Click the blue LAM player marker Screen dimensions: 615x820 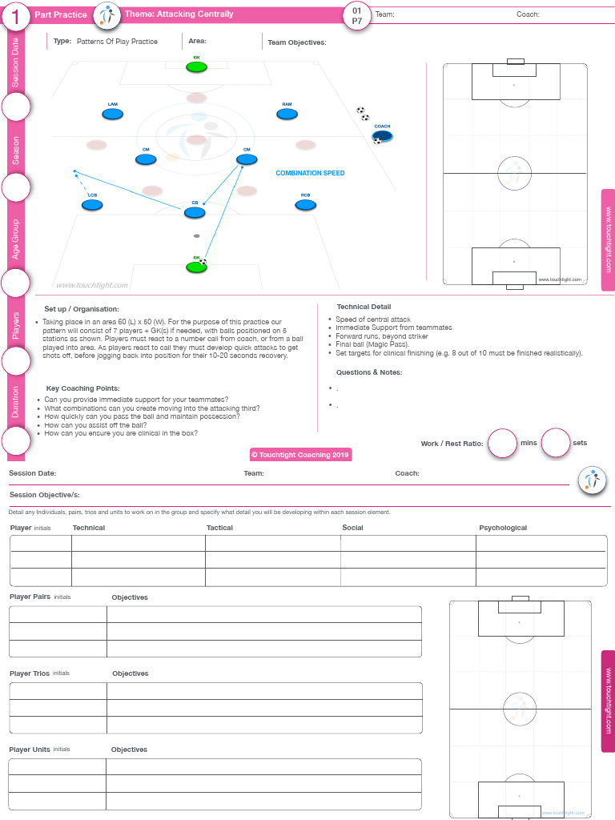113,115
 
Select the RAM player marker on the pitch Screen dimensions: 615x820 287,115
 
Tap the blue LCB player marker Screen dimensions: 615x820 93,206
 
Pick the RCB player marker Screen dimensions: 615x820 305,206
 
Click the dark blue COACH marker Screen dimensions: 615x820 383,136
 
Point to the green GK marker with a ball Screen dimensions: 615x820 196,267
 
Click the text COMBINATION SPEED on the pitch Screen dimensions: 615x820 310,173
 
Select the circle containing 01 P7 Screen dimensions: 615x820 356,15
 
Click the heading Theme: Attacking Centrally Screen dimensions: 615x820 179,14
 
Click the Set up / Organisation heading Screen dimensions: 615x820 82,309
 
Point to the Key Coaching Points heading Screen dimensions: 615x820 83,388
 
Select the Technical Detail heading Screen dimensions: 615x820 364,307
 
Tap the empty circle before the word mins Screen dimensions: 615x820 502,443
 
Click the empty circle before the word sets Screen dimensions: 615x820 555,443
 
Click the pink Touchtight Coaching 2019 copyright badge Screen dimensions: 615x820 300,454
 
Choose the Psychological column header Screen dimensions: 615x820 503,528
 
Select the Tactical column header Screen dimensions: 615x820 219,528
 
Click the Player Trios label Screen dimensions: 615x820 30,673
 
